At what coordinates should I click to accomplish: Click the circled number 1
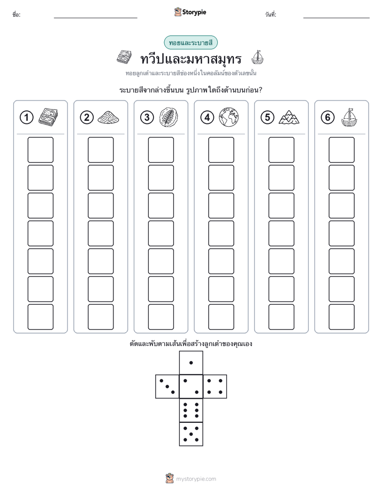(26, 118)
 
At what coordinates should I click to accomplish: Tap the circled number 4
(207, 118)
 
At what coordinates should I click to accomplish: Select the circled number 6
(327, 118)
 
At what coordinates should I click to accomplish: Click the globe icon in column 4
(229, 117)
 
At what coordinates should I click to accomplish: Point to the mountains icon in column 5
(289, 117)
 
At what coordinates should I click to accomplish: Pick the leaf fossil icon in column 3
(169, 117)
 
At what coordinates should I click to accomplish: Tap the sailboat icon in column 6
(349, 118)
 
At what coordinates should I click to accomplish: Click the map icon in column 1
(48, 117)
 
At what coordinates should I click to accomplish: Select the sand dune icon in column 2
(109, 118)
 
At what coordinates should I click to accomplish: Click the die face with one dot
(191, 362)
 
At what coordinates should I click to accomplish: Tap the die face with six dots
(191, 410)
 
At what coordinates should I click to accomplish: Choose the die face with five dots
(191, 434)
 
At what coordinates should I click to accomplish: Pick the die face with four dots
(215, 387)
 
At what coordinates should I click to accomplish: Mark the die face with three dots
(167, 387)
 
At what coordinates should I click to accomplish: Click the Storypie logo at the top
(190, 12)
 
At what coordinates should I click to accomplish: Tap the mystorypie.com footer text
(196, 479)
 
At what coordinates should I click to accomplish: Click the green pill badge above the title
(190, 43)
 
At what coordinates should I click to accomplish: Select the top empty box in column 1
(40, 150)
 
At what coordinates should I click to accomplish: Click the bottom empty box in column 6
(342, 317)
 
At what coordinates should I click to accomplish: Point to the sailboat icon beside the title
(257, 58)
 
